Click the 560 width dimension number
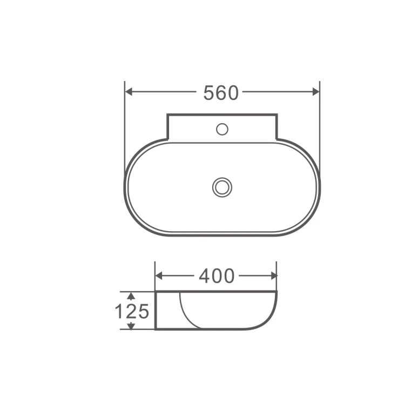point(220,93)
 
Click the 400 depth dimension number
point(217,276)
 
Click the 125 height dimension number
point(131,311)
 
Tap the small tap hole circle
point(222,129)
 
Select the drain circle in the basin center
point(222,187)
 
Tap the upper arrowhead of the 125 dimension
point(130,295)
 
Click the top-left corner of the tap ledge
point(167,114)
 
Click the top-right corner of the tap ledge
point(276,114)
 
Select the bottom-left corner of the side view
point(156,329)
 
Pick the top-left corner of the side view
point(156,292)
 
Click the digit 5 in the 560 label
point(208,93)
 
